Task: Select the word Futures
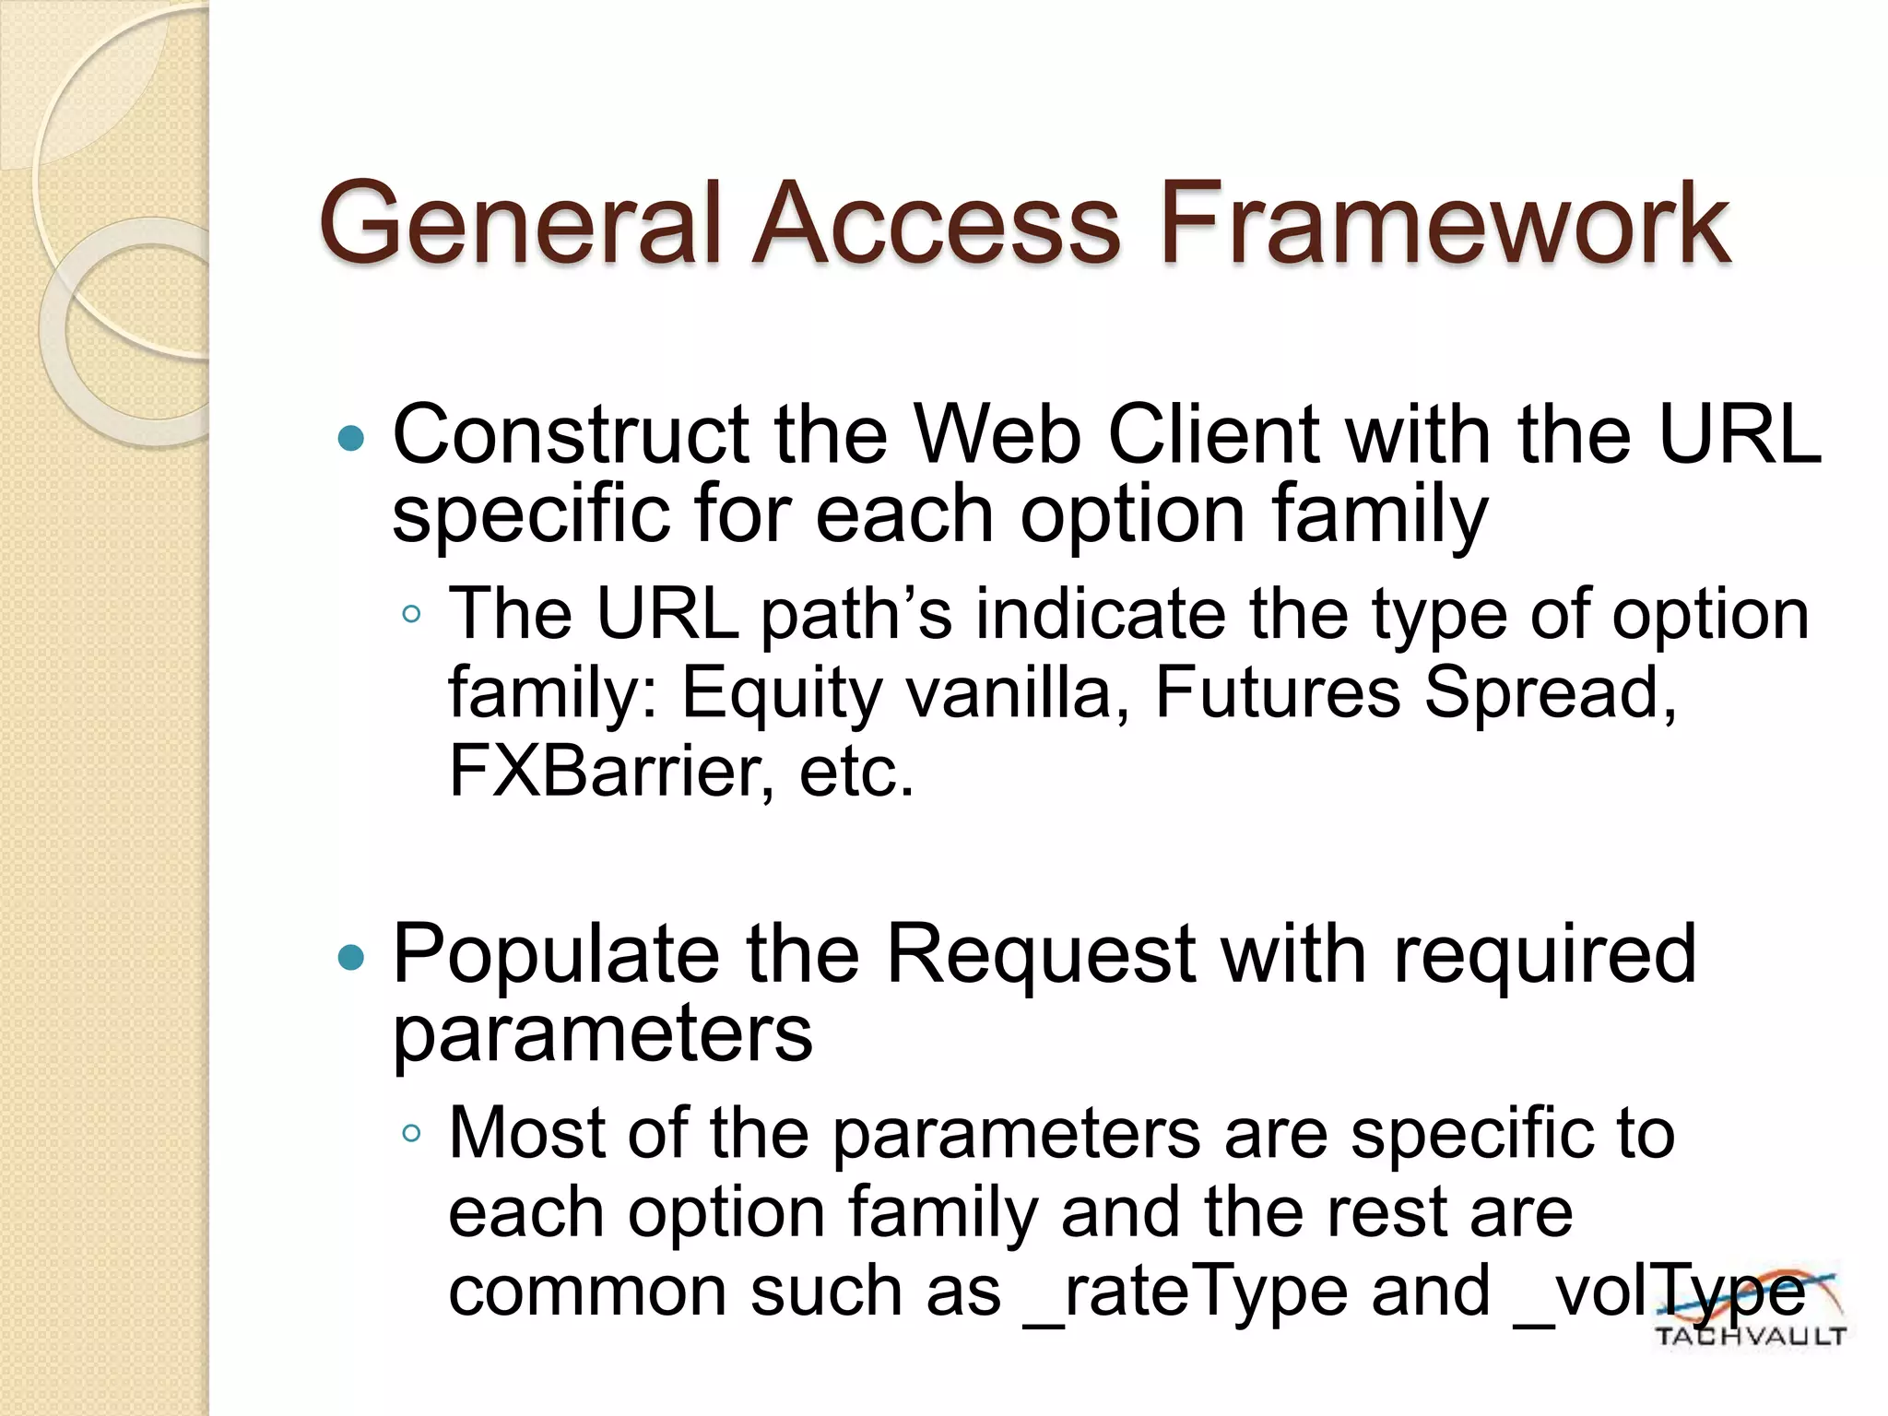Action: click(1277, 693)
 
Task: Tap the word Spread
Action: click(1549, 693)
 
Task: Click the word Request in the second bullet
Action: click(1041, 955)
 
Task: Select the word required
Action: click(1544, 955)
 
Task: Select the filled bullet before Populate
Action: click(351, 959)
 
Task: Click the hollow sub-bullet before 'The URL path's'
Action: click(411, 614)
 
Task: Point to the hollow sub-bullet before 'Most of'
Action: click(411, 1133)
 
